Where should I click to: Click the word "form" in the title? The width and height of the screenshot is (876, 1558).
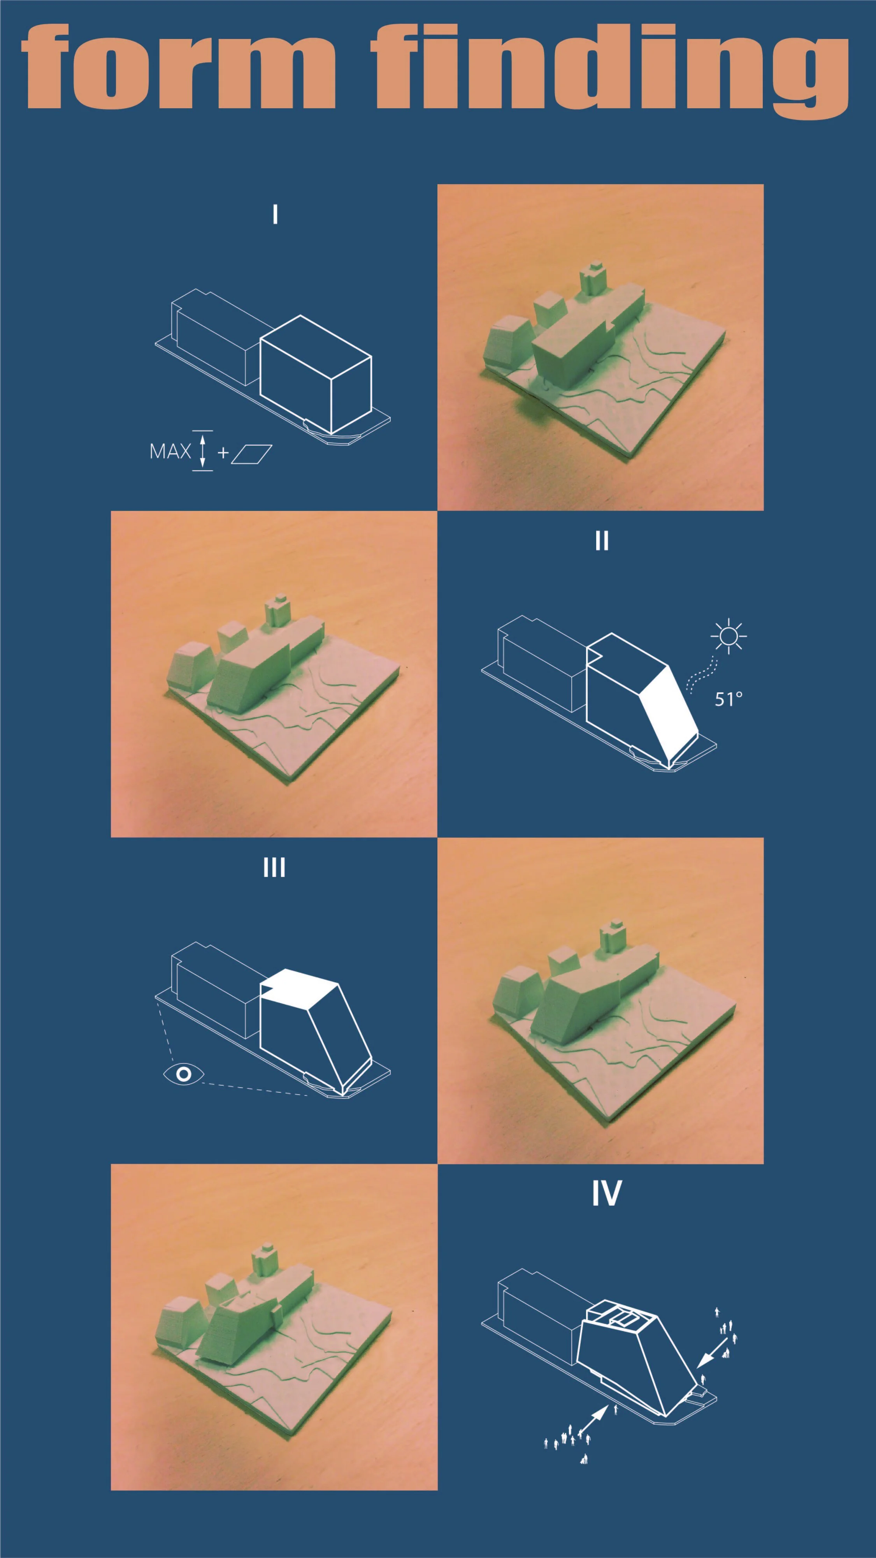(178, 67)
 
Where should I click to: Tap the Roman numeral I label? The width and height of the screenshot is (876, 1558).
(276, 214)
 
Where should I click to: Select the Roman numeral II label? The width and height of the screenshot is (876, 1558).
(602, 541)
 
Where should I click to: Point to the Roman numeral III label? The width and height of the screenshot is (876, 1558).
(274, 868)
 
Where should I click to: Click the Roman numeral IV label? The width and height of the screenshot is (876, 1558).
(606, 1193)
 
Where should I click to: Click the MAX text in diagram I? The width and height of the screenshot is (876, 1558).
(170, 452)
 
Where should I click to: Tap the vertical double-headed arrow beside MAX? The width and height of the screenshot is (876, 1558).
(202, 451)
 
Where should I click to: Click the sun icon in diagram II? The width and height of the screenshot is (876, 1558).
(729, 636)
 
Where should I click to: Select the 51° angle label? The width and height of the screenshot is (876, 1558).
(729, 699)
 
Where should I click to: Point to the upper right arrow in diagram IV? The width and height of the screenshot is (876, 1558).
(713, 1352)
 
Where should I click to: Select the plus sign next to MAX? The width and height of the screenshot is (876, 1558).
(223, 452)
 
